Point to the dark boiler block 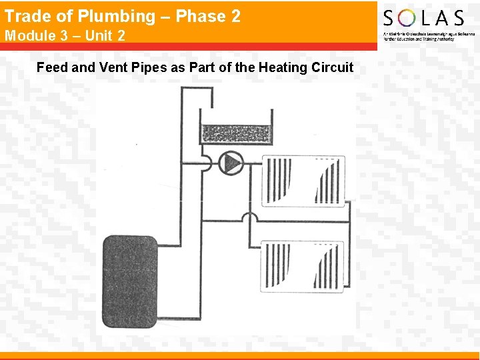pos(131,283)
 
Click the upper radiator pos(303,180)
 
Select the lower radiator pos(303,265)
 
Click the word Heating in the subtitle pos(283,67)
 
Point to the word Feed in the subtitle pos(51,67)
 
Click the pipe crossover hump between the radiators pos(249,217)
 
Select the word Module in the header pos(31,35)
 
